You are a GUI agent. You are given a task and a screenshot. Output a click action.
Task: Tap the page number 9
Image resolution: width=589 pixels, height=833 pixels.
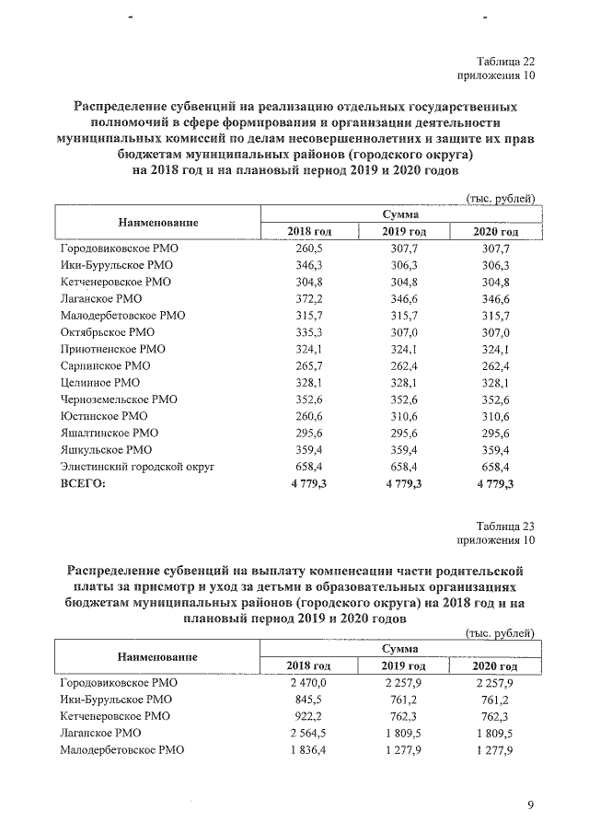530,806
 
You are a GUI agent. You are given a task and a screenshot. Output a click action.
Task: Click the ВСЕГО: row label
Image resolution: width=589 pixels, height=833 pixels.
84,484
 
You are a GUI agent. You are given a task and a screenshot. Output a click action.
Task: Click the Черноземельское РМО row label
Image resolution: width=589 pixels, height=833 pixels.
119,399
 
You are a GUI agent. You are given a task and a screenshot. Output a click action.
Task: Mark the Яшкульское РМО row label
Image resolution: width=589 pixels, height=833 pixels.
106,450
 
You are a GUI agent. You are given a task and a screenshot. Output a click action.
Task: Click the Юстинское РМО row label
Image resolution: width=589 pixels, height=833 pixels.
103,416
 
